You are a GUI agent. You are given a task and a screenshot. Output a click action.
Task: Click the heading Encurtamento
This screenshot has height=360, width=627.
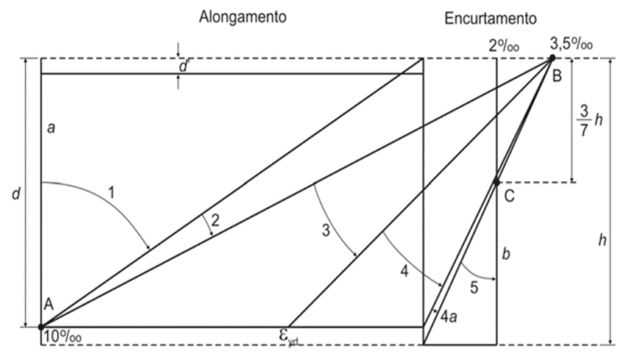click(491, 17)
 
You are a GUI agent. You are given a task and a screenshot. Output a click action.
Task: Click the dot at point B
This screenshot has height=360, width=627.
click(552, 57)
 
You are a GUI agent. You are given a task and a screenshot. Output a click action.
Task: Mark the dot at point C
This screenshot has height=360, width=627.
click(497, 182)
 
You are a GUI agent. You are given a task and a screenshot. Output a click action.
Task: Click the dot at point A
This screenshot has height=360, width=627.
click(41, 326)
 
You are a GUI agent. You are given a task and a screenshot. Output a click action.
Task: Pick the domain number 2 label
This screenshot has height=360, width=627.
click(215, 219)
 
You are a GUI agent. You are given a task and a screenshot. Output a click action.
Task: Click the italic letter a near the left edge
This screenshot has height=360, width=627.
click(52, 127)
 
